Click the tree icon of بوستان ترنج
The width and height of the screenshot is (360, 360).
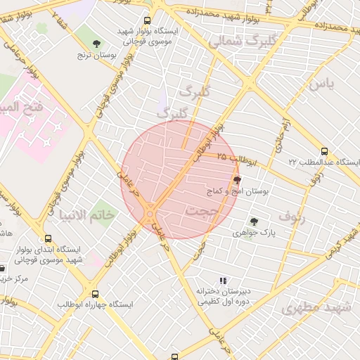click(97, 44)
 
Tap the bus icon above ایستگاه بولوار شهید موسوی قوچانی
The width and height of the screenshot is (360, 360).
click(146, 21)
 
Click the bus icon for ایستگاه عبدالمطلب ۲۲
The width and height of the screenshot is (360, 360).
click(324, 150)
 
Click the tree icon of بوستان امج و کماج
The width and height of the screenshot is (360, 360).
click(236, 180)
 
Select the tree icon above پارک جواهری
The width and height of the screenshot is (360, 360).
click(254, 221)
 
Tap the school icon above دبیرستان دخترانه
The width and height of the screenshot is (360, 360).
click(223, 281)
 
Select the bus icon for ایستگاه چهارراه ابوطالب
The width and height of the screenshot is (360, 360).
click(96, 294)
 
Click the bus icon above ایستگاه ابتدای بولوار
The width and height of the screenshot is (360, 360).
click(48, 238)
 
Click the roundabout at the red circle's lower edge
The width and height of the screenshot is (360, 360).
click(150, 211)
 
